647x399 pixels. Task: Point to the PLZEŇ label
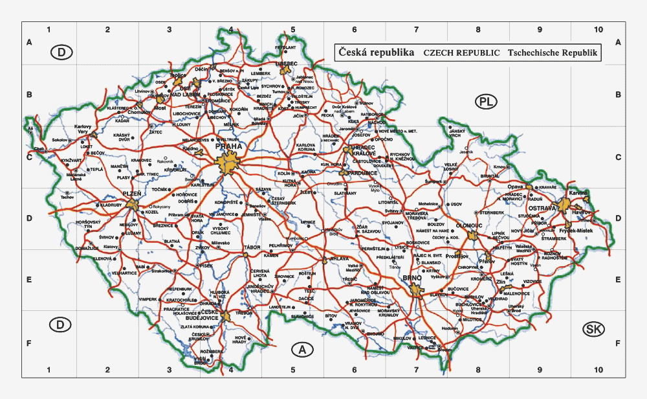132,194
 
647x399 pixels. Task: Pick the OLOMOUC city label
470,225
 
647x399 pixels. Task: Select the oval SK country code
593,329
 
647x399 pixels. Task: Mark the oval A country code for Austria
302,350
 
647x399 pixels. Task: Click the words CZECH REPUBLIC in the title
461,53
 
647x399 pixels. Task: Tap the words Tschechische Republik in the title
553,53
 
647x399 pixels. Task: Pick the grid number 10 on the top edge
599,30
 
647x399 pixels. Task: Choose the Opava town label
514,187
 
